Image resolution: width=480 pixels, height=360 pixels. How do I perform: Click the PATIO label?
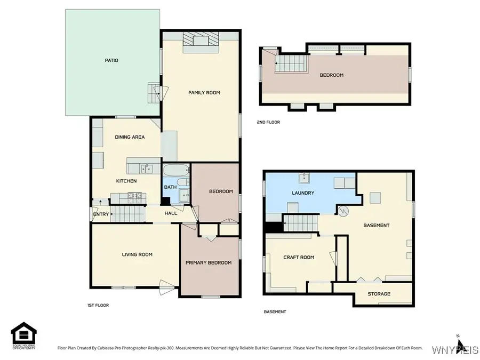111,61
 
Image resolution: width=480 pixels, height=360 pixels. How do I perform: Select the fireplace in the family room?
201,42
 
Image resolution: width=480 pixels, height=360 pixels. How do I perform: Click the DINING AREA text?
130,137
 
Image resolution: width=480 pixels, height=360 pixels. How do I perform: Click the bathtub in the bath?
176,172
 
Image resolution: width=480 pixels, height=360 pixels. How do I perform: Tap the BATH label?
170,187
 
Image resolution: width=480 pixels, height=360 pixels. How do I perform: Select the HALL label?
171,213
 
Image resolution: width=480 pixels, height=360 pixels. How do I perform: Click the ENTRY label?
101,214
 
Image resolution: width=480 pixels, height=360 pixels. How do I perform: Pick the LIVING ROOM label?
137,255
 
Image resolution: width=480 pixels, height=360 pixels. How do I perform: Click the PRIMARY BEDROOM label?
209,263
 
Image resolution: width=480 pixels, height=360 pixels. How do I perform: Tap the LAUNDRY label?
302,193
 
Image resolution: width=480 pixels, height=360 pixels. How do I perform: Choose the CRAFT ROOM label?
299,257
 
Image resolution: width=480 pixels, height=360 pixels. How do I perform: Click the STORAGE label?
379,294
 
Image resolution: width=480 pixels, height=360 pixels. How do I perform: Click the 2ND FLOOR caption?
268,122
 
